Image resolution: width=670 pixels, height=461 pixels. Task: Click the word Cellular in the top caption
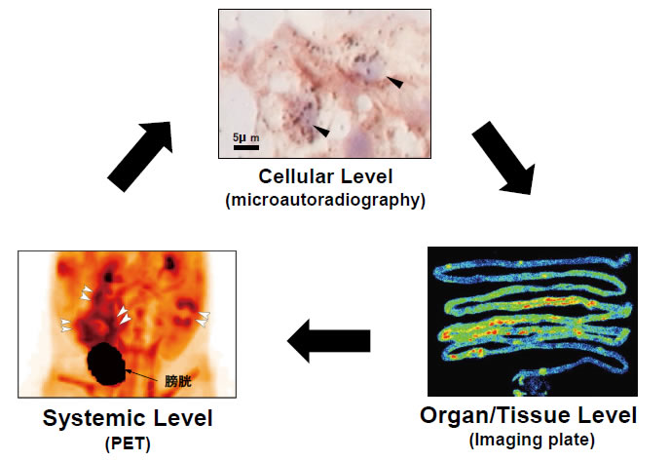[291, 176]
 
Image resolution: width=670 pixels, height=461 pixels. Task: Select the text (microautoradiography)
[325, 200]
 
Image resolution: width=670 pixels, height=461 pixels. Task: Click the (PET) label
[128, 443]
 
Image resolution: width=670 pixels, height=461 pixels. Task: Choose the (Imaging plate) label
[532, 441]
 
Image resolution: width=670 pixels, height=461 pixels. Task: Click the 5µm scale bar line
[246, 147]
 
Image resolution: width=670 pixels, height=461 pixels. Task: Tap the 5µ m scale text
[246, 137]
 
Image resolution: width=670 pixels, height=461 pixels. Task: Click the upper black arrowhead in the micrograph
[395, 82]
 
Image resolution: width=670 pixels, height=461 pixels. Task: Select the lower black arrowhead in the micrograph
[321, 131]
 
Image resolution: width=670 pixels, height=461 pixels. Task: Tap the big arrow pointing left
[328, 341]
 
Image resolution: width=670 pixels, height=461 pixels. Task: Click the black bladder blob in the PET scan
[106, 364]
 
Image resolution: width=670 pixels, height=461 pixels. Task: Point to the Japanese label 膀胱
[178, 381]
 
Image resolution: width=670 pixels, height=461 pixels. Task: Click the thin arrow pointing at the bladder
[144, 375]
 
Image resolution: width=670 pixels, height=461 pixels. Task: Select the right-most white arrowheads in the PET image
[204, 319]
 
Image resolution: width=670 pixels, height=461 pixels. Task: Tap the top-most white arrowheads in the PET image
[87, 293]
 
